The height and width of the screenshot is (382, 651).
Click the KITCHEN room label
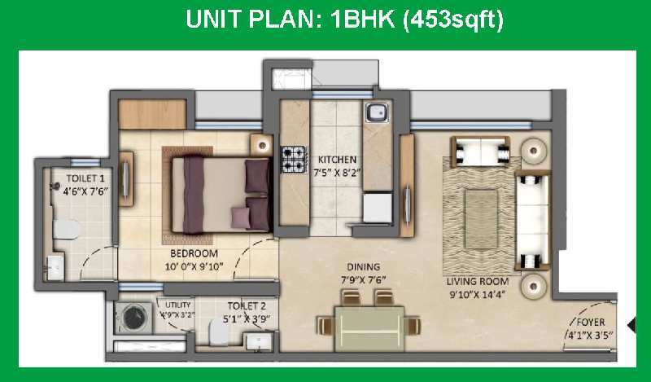[337, 160]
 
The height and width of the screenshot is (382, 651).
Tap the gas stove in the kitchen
[294, 160]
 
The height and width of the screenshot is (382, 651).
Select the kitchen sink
[377, 112]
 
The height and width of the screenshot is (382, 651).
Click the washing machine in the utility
[133, 318]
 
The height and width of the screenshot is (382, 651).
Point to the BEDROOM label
[194, 253]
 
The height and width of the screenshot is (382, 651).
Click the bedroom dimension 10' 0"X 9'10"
[194, 266]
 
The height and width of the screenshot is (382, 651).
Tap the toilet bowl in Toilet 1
[66, 230]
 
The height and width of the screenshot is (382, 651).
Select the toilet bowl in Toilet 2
[218, 332]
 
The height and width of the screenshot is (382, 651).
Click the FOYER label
[591, 323]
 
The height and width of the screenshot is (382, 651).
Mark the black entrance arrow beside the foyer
[632, 325]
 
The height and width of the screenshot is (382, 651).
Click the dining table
[369, 328]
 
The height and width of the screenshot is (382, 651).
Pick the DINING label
[363, 267]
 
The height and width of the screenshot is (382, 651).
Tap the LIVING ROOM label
[478, 282]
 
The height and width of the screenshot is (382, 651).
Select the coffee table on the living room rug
[481, 219]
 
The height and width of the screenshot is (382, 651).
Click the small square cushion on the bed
[241, 217]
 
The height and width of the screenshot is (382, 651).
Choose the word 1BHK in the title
[362, 20]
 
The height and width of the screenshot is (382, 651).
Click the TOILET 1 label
[85, 178]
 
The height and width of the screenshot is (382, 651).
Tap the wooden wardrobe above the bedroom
[152, 114]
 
